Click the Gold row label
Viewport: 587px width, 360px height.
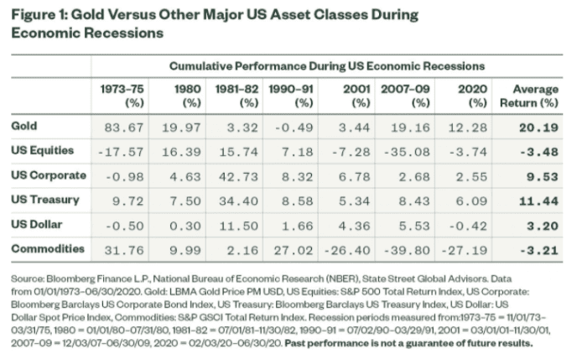pos(26,125)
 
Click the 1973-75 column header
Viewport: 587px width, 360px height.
pos(120,94)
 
